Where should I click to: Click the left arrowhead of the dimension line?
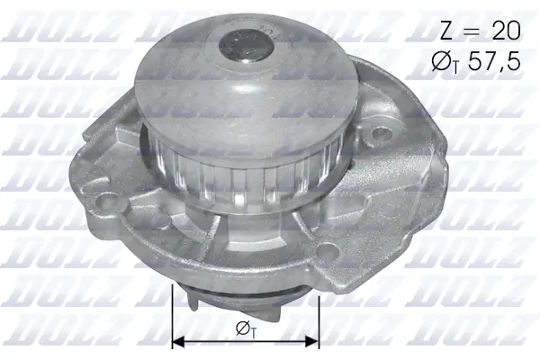176,342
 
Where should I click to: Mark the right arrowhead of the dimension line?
314,342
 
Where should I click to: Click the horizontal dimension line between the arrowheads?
245,342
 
